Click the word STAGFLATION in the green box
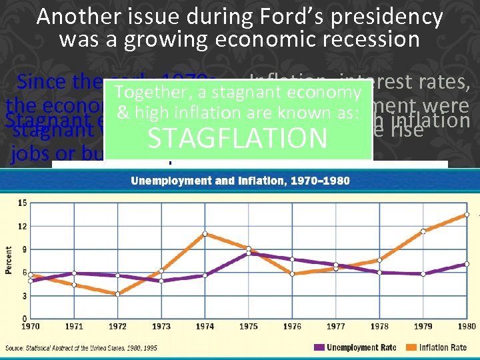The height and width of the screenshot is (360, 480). (x=237, y=139)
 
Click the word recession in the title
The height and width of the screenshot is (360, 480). (x=363, y=39)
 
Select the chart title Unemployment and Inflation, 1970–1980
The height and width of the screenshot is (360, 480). (x=240, y=181)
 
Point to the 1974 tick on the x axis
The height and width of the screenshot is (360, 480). (x=205, y=326)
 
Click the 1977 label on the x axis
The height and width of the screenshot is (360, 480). (x=336, y=326)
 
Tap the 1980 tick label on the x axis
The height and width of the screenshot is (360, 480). (x=467, y=326)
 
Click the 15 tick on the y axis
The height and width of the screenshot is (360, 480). (x=22, y=203)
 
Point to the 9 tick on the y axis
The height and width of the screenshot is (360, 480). (x=24, y=249)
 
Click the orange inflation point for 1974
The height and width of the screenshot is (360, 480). (x=205, y=234)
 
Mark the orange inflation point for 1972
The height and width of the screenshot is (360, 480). (x=118, y=294)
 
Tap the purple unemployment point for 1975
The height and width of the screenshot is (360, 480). (x=248, y=253)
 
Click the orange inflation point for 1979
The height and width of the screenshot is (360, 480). (x=423, y=231)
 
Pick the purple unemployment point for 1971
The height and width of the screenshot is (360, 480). (x=74, y=273)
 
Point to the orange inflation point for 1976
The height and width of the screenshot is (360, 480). (x=292, y=274)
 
